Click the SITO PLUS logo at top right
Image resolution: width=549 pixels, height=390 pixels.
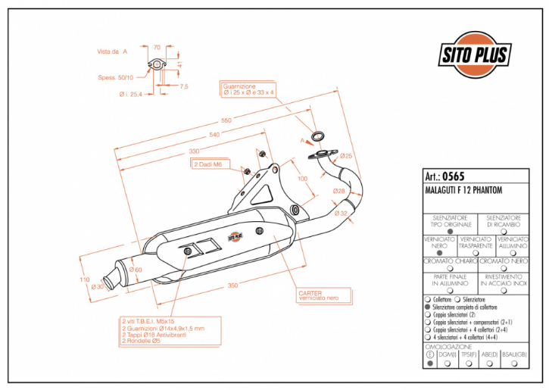coord(476,54)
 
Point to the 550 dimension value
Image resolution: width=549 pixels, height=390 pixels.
coord(226,120)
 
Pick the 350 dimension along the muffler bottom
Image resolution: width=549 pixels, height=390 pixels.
coord(232,285)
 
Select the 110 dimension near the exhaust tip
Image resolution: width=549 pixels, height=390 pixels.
coord(85,279)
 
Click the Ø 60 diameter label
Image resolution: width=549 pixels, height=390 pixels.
coord(136,270)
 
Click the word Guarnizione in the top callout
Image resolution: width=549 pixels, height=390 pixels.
coord(239,86)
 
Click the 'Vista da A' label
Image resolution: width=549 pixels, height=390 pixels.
coord(112,51)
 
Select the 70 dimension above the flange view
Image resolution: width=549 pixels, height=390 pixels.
coord(157,47)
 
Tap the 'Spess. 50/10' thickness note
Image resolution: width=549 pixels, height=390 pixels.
coord(116,76)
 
